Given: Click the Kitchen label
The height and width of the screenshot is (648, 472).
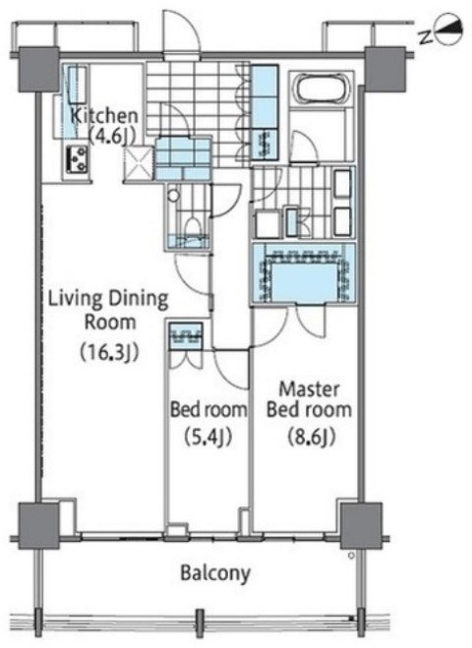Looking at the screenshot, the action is click(104, 116).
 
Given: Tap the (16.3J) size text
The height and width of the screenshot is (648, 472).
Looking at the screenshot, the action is click(109, 352).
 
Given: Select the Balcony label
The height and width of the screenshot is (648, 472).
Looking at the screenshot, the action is click(215, 573).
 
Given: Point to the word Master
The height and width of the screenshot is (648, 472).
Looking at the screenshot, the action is click(309, 389).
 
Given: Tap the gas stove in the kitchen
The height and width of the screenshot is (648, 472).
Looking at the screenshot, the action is click(77, 159).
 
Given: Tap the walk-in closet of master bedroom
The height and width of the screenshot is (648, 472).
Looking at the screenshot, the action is click(304, 274).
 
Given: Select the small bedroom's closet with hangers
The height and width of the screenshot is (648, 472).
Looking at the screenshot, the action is click(186, 336).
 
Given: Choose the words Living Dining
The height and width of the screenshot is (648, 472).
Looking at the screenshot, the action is click(109, 299).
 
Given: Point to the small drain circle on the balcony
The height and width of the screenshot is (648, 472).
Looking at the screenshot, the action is click(351, 556).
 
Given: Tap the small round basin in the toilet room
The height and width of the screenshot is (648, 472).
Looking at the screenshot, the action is click(174, 195).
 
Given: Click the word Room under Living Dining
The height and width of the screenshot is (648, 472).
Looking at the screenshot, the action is click(110, 322).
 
